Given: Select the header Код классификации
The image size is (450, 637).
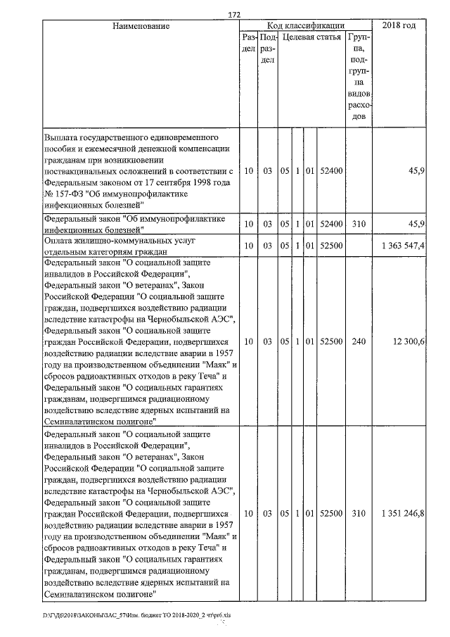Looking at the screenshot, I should click(305, 26).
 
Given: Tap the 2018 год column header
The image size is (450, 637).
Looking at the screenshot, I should click(399, 26).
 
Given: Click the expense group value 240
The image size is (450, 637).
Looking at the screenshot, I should click(359, 341).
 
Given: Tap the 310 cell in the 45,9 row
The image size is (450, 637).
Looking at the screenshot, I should click(359, 224).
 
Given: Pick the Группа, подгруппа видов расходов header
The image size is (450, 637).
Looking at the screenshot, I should click(359, 76).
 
